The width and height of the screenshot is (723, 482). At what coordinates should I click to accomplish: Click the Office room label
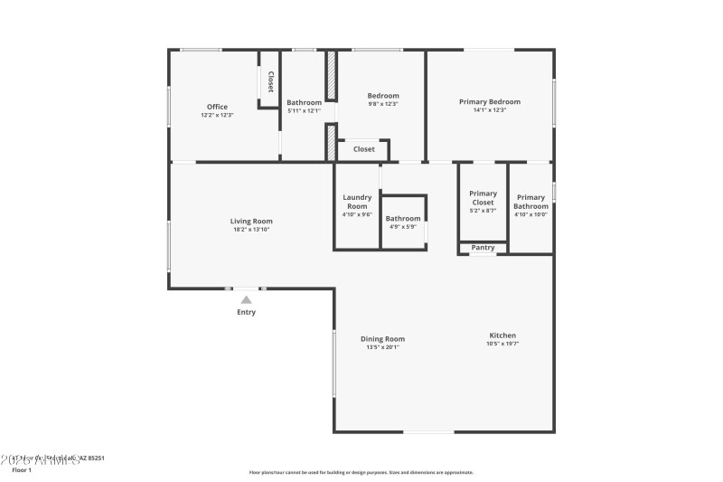tap(217, 107)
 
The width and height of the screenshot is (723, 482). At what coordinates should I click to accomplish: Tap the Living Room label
tap(250, 221)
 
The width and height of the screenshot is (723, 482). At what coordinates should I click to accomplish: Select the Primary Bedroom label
tap(490, 102)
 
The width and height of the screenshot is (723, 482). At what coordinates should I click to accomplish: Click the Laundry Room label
tap(357, 202)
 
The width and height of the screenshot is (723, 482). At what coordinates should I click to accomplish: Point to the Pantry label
tap(483, 248)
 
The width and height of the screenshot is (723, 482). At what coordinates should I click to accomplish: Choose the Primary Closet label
tap(483, 198)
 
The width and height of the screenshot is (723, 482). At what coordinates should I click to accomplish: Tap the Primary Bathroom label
tap(531, 202)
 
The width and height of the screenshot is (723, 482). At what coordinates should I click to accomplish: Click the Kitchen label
tap(503, 335)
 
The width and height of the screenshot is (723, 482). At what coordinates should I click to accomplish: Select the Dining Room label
tap(382, 339)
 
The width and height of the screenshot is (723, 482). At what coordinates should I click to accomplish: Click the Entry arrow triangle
tap(246, 298)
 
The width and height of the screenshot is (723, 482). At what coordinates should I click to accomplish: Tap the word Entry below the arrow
tap(246, 313)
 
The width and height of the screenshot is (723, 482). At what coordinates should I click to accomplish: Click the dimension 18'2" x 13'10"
tap(250, 230)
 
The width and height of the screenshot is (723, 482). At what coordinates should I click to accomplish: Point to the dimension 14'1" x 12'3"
tap(490, 111)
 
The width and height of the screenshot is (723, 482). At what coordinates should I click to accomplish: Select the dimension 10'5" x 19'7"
tap(503, 344)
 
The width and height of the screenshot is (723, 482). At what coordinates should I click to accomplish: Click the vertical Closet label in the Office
tap(269, 81)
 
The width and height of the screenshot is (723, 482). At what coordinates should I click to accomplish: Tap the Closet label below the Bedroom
tap(363, 149)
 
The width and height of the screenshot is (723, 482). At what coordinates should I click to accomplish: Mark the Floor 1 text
tap(21, 470)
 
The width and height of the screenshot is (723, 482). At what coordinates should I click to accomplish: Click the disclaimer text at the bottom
tap(361, 472)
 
